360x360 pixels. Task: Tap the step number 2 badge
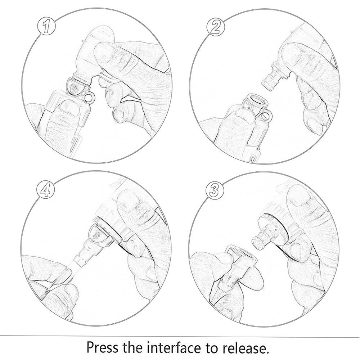pos(216,27)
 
